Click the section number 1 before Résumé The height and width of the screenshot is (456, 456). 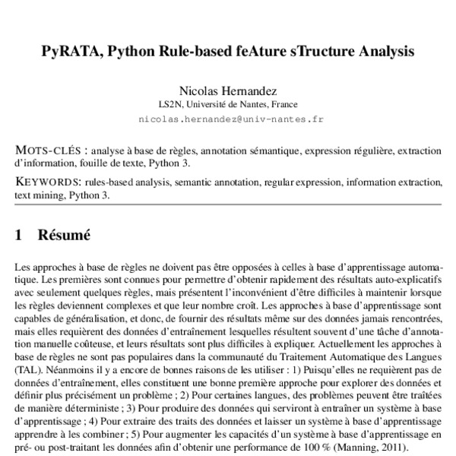point(19,236)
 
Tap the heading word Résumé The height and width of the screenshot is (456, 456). point(65,236)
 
